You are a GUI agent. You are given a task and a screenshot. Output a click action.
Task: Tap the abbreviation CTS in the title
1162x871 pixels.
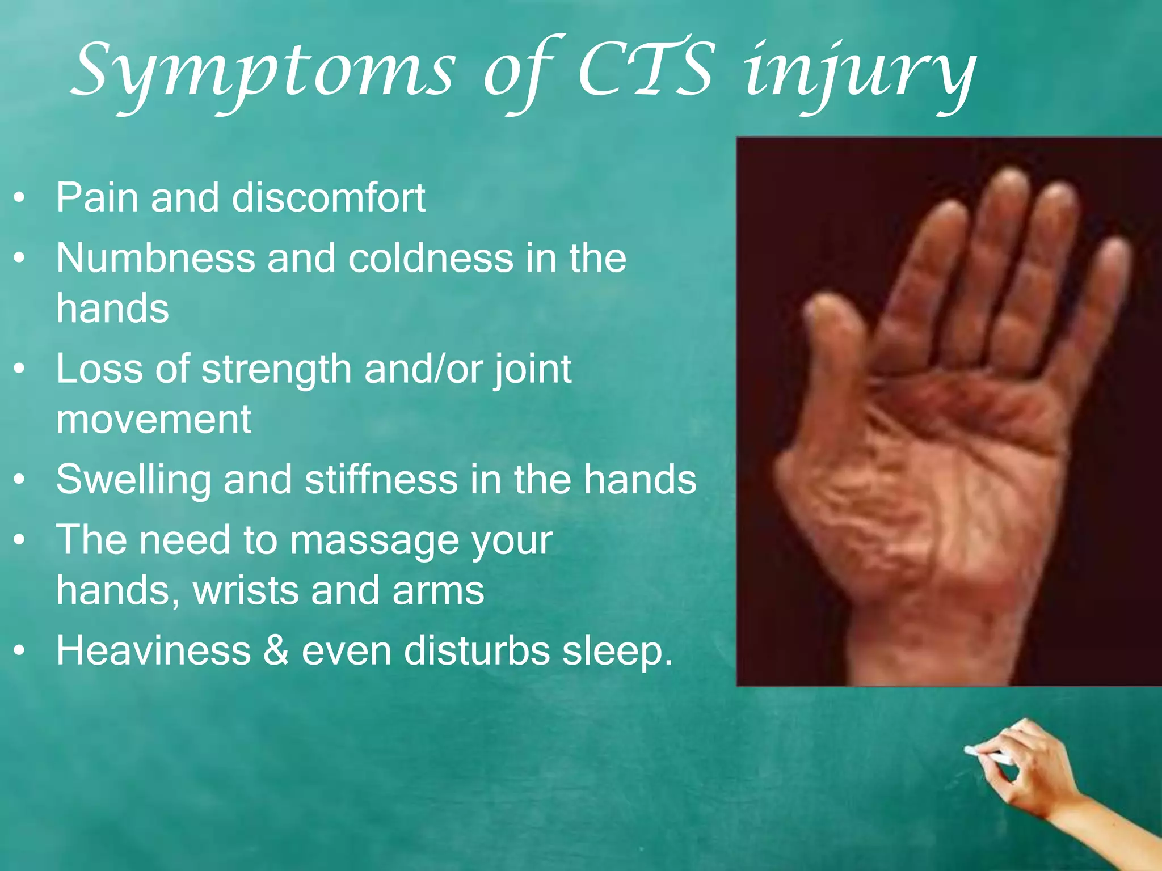click(x=644, y=71)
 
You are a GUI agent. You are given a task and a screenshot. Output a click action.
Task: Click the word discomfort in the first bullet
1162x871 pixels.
click(x=329, y=198)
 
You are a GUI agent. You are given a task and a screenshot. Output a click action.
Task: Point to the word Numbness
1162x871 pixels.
click(x=155, y=258)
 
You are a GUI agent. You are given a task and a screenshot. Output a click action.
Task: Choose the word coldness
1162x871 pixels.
click(x=430, y=258)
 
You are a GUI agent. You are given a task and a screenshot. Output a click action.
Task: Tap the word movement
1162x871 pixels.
click(x=153, y=420)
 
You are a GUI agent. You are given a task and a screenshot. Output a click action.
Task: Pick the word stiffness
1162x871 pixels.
click(x=381, y=479)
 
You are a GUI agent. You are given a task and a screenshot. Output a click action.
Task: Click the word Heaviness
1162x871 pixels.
click(x=153, y=650)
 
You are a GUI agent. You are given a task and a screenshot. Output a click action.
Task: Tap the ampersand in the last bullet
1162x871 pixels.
click(x=276, y=650)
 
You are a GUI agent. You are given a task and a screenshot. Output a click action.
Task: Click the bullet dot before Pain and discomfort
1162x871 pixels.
click(x=20, y=198)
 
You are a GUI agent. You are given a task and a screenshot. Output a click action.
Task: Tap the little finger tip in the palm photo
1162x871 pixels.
click(x=1115, y=252)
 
